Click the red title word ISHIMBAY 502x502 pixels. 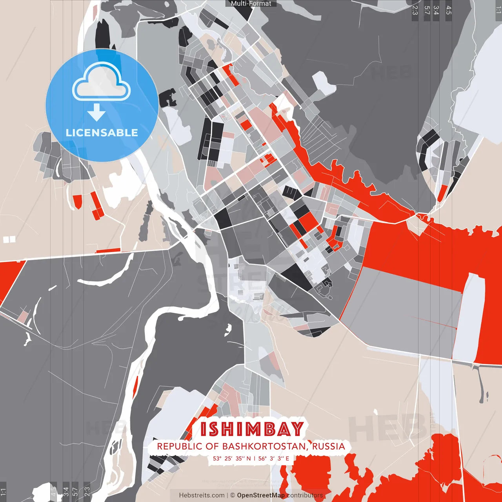252,429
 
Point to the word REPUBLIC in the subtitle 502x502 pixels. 175,446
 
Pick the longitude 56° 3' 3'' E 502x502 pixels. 274,458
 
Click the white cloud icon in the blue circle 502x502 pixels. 102,82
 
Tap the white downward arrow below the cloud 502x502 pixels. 96,112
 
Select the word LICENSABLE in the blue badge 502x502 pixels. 102,133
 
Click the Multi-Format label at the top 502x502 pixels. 251,4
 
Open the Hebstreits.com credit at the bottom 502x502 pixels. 202,495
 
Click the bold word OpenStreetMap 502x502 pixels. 261,495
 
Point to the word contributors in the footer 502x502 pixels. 305,495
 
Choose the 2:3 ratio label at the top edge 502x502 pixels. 415,10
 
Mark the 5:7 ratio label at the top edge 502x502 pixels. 427,10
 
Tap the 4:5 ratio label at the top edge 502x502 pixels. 448,10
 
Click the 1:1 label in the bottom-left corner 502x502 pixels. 3,492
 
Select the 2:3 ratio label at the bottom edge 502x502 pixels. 87,491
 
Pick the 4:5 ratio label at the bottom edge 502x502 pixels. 53,491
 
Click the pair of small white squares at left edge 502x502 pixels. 9,239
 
